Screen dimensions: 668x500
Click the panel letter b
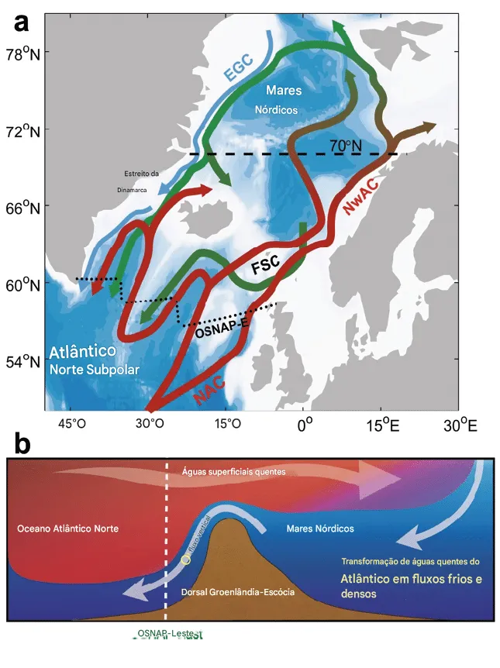point(22,444)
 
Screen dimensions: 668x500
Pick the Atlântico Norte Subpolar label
point(94,360)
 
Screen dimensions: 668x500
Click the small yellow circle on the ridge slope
point(185,560)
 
